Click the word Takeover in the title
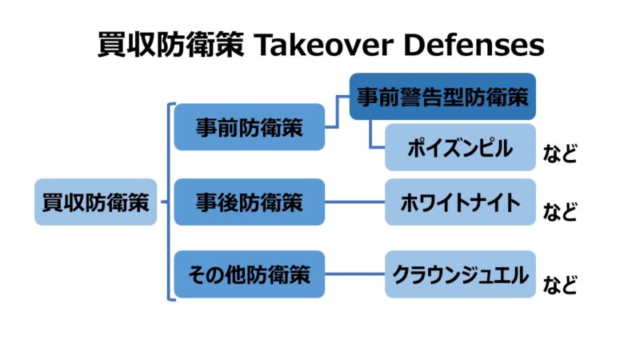[322, 46]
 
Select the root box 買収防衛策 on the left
[95, 202]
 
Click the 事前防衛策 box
[250, 127]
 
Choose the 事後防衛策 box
[250, 202]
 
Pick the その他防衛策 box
[250, 274]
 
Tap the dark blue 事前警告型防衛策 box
[442, 97]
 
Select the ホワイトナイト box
[459, 202]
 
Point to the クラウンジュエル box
[459, 274]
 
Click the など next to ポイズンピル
[559, 154]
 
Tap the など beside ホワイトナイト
[559, 212]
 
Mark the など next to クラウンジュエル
[559, 284]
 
